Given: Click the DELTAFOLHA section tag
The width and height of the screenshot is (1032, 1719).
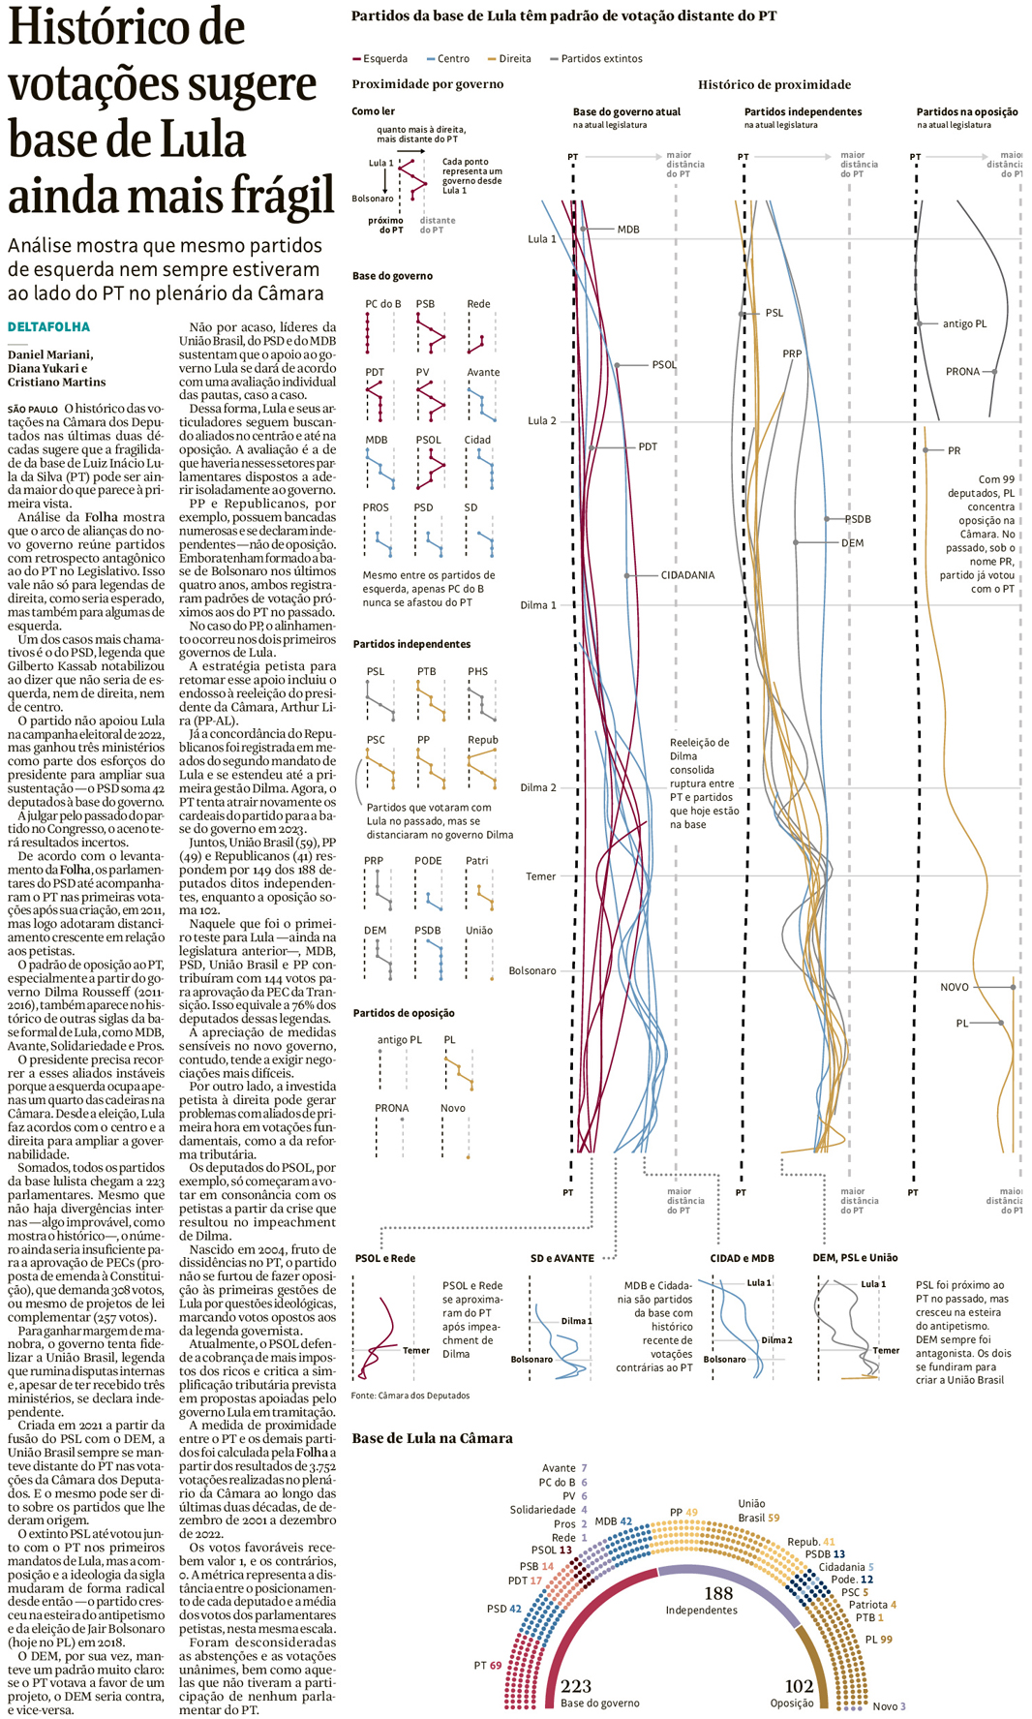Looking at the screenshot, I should pos(48,327).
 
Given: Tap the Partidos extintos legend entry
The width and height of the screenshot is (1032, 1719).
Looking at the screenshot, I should pos(600,59).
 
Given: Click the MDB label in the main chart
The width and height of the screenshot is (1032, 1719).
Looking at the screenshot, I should pos(628,230).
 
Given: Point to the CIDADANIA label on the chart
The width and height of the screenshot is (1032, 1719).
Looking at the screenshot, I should pos(687,575).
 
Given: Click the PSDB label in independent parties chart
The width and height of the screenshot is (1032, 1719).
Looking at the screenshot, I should pos(858,519).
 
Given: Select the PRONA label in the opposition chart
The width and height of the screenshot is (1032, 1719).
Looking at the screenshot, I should pos(962,372).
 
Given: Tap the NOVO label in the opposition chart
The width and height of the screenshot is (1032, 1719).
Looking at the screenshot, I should pos(955,987).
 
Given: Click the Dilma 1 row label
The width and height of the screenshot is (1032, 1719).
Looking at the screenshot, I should pos(538,605).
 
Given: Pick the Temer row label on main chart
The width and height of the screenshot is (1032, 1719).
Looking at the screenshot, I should pos(540,876).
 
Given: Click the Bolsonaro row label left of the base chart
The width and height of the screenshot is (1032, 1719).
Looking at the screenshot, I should pos(532,970).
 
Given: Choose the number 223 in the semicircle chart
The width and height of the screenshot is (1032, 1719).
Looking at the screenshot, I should pos(576,1686).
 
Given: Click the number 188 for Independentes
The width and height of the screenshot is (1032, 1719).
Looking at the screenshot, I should pos(718,1593).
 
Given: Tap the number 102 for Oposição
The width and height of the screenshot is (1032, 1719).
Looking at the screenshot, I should pos(799,1686).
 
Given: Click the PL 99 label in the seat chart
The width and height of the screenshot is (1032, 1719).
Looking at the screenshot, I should pos(879,1640).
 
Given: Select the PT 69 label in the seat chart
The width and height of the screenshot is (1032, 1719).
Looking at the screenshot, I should pos(487,1666).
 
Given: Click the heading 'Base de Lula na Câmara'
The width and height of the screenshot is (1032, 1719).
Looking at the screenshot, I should pos(432,1438).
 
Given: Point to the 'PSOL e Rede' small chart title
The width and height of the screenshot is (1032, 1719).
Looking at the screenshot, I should pos(385,1258).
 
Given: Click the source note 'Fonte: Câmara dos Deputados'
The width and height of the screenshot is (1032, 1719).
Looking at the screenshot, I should pos(410,1396).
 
